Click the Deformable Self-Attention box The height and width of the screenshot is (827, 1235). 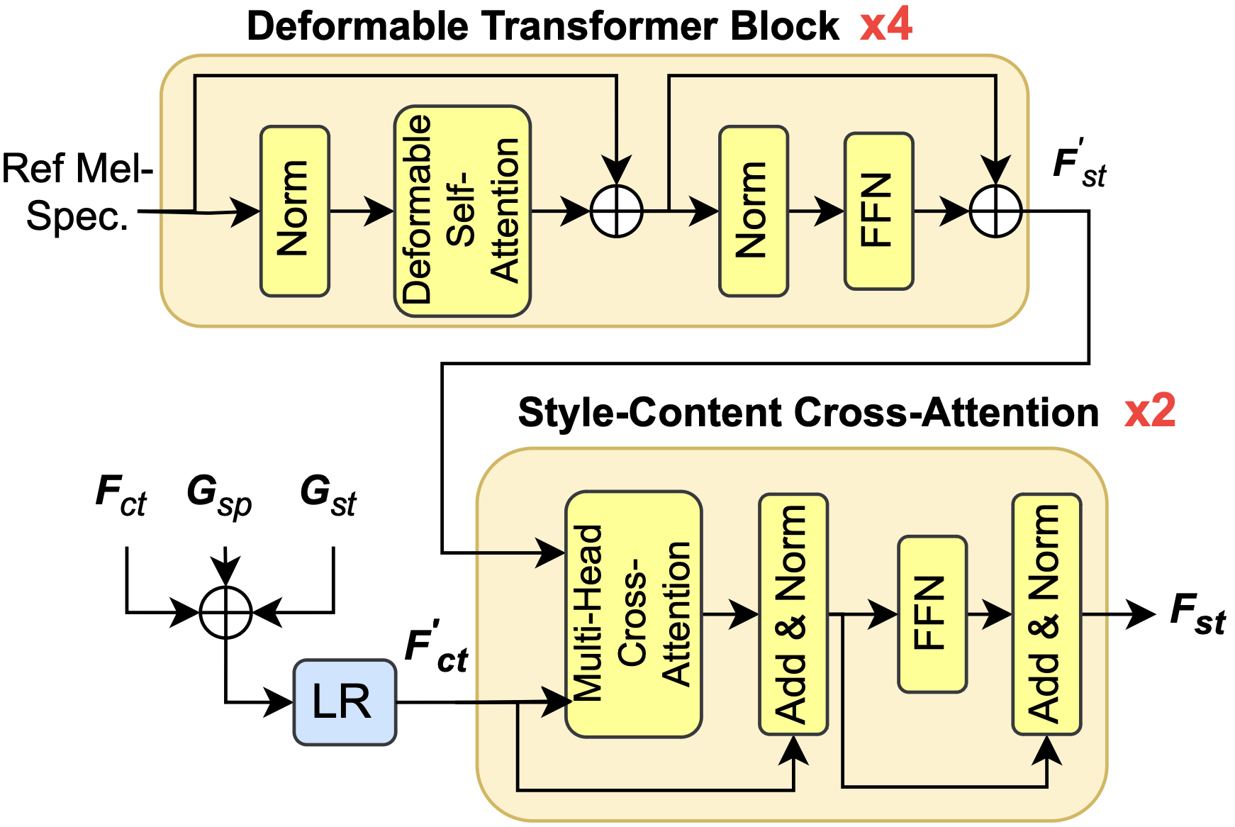[462, 211]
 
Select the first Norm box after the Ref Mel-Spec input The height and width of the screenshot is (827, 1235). [294, 211]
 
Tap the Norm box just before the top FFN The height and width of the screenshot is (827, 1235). [753, 211]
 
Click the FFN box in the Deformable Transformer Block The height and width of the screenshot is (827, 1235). [878, 211]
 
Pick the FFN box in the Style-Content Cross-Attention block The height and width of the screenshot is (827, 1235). [932, 614]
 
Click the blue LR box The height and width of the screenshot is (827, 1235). [345, 702]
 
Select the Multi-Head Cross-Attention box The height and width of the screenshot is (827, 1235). [633, 614]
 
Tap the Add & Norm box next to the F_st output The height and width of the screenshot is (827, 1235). [1046, 614]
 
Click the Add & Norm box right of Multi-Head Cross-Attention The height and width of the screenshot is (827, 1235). [793, 614]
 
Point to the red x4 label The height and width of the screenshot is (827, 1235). [885, 26]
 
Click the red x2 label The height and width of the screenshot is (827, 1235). [1149, 411]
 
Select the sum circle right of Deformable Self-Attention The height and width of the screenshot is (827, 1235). [616, 211]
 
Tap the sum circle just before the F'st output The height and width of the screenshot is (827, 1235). [995, 211]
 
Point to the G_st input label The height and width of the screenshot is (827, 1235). [328, 495]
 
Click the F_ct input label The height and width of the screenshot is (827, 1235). [121, 495]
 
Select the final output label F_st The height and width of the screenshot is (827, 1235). [1197, 614]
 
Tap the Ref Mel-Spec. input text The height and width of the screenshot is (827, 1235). [77, 192]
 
